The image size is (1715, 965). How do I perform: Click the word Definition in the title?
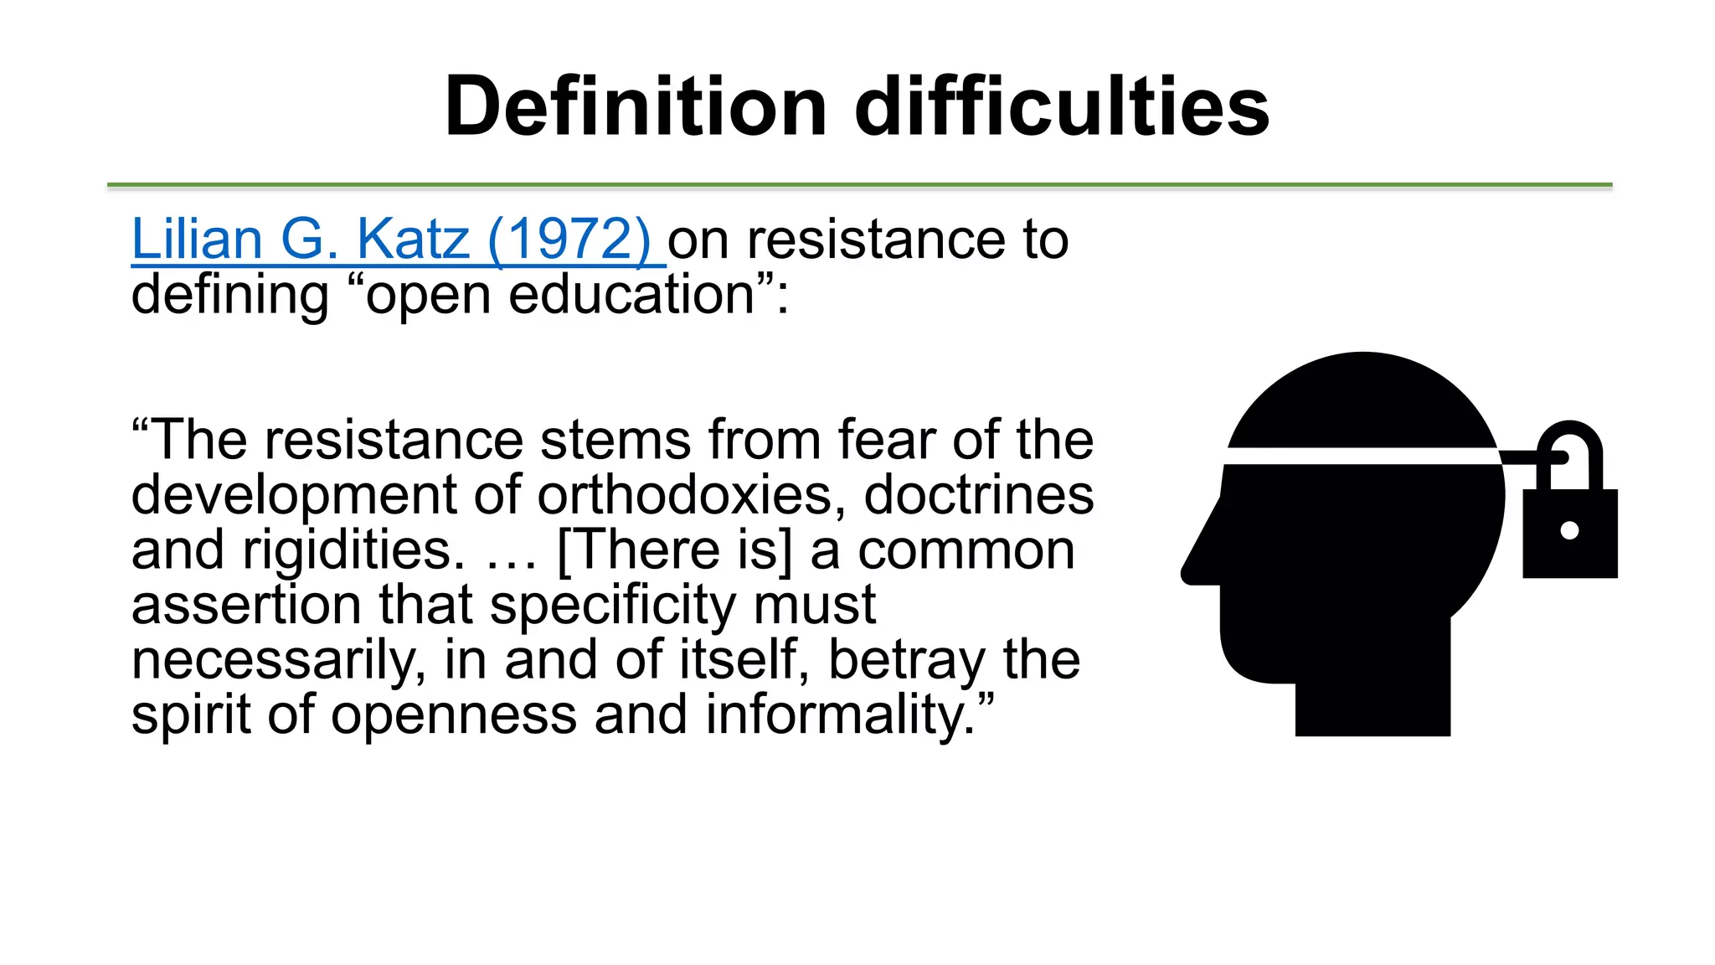pos(636,106)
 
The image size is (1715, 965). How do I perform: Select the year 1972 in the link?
pos(569,240)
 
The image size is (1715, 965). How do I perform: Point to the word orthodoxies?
pos(685,495)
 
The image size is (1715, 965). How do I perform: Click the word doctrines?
pos(978,495)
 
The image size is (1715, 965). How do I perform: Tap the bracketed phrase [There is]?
pos(674,550)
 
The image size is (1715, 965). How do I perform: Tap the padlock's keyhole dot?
pos(1570,530)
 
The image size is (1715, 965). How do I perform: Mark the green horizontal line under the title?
pos(859,184)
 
